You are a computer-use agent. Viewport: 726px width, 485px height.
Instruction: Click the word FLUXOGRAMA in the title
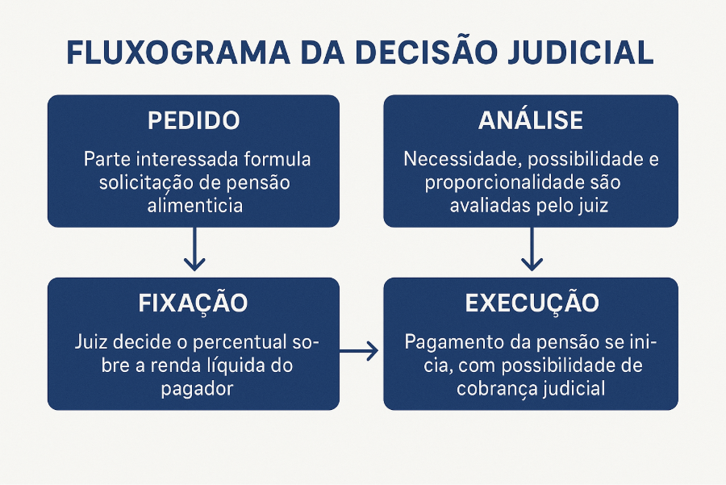(178, 52)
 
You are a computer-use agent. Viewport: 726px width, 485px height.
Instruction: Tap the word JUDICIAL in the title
(581, 52)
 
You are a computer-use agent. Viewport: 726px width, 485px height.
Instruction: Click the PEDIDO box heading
(194, 120)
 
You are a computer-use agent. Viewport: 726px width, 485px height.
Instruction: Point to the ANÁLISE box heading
(531, 119)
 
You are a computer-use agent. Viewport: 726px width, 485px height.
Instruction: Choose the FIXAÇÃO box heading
(193, 303)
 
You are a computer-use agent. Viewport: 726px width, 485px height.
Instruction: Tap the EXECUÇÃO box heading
(532, 303)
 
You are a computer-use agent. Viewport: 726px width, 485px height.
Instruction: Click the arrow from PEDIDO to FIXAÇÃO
(194, 249)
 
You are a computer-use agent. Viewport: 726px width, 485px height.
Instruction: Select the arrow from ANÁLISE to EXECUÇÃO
(532, 249)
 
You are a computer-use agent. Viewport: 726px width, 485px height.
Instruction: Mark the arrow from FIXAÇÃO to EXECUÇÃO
(359, 351)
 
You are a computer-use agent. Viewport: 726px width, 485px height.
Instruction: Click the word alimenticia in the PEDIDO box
(195, 206)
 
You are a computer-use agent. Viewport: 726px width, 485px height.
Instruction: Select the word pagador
(197, 389)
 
